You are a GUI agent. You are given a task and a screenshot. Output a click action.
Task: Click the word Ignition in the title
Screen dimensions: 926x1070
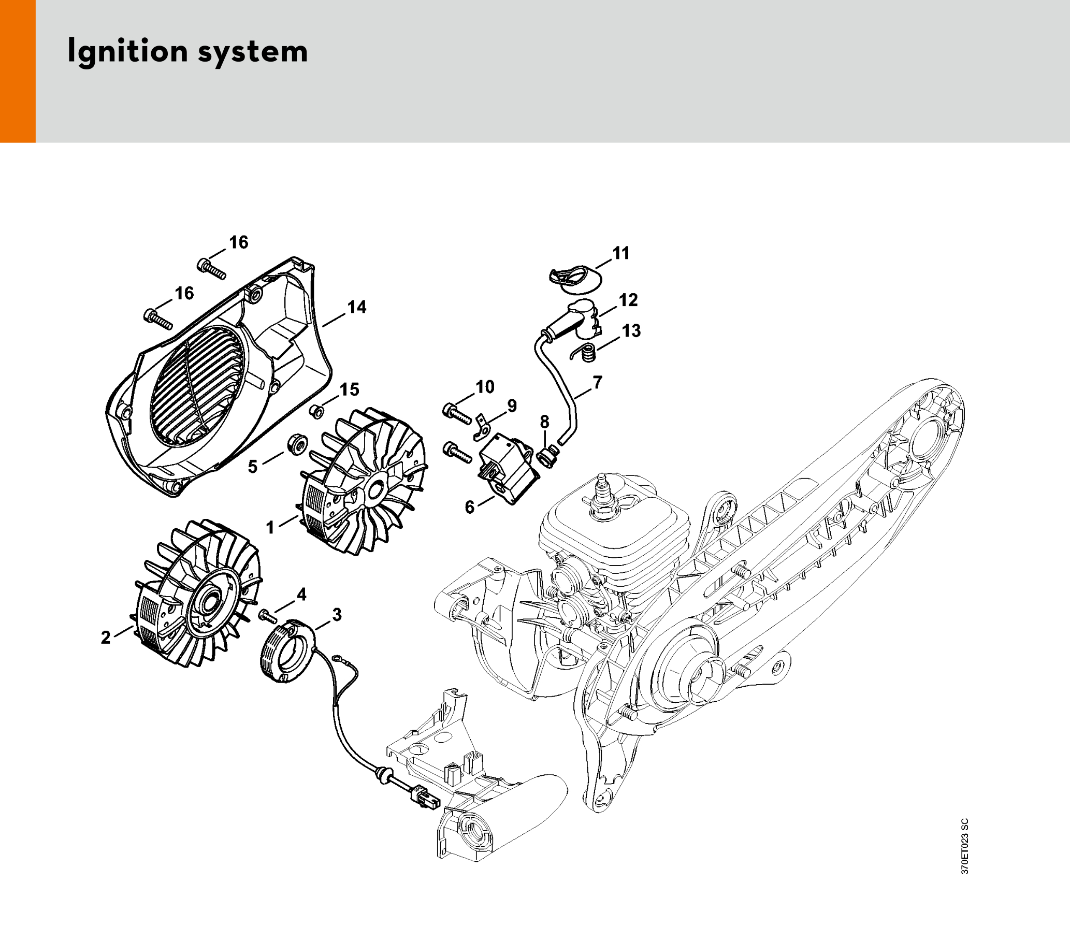click(127, 52)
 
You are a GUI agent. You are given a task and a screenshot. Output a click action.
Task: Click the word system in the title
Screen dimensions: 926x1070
click(253, 53)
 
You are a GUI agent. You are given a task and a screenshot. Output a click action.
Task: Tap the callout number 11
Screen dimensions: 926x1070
click(621, 253)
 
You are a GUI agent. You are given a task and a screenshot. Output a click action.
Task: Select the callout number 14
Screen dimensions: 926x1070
click(357, 307)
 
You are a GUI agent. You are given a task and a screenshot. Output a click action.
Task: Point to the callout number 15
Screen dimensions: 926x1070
click(350, 389)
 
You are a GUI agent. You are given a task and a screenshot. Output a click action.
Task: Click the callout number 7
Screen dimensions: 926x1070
click(598, 382)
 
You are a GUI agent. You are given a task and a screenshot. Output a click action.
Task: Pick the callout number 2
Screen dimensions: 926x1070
click(106, 637)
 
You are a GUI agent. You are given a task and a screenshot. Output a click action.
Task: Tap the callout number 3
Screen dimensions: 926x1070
click(337, 615)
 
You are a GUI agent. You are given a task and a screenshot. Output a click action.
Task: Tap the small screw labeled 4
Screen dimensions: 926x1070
click(268, 616)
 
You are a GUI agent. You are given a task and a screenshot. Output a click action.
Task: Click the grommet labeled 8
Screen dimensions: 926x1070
click(547, 457)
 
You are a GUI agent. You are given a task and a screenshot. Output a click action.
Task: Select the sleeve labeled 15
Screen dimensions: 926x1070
click(316, 412)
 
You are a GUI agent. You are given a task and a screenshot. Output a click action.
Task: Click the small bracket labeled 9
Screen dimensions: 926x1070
click(482, 425)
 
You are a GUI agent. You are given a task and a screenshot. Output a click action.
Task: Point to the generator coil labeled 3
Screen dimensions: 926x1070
click(287, 651)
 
